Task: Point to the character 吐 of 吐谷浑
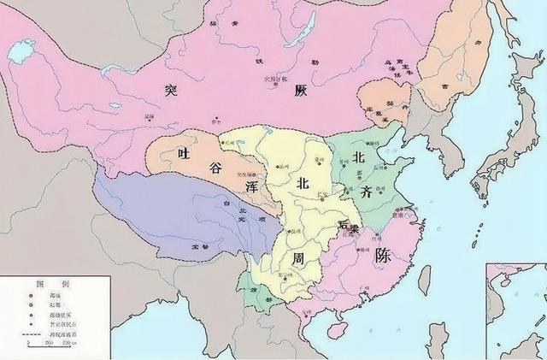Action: click(180, 153)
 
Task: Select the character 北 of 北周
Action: click(303, 183)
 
